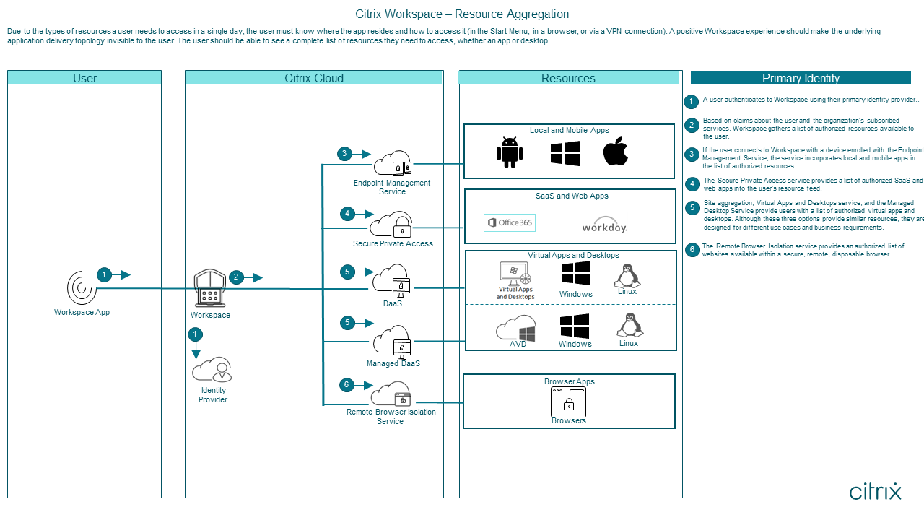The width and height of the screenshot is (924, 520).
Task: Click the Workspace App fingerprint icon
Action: [x=82, y=287]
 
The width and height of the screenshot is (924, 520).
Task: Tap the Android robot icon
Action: [x=510, y=152]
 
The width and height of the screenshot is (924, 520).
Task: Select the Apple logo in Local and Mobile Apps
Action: [x=616, y=152]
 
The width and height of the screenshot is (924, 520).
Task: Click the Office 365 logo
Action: [x=510, y=222]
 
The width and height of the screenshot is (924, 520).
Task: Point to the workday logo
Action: [x=604, y=225]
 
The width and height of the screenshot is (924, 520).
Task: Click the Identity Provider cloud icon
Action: [x=212, y=370]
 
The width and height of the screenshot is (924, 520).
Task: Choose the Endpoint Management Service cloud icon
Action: [x=392, y=164]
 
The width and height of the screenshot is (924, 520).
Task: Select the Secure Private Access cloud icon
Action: [x=391, y=225]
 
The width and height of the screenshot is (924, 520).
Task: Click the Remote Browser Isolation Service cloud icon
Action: [x=391, y=394]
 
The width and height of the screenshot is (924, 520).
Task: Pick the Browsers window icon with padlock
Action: [x=568, y=402]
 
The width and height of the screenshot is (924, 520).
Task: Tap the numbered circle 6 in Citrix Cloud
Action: [x=346, y=384]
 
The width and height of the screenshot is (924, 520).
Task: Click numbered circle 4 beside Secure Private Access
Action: [x=347, y=214]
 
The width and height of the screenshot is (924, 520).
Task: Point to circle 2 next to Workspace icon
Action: [x=236, y=277]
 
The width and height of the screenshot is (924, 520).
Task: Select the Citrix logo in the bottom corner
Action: [x=875, y=492]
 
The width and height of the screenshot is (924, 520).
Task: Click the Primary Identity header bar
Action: [x=801, y=78]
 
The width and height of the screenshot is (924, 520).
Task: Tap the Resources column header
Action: [x=569, y=78]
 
